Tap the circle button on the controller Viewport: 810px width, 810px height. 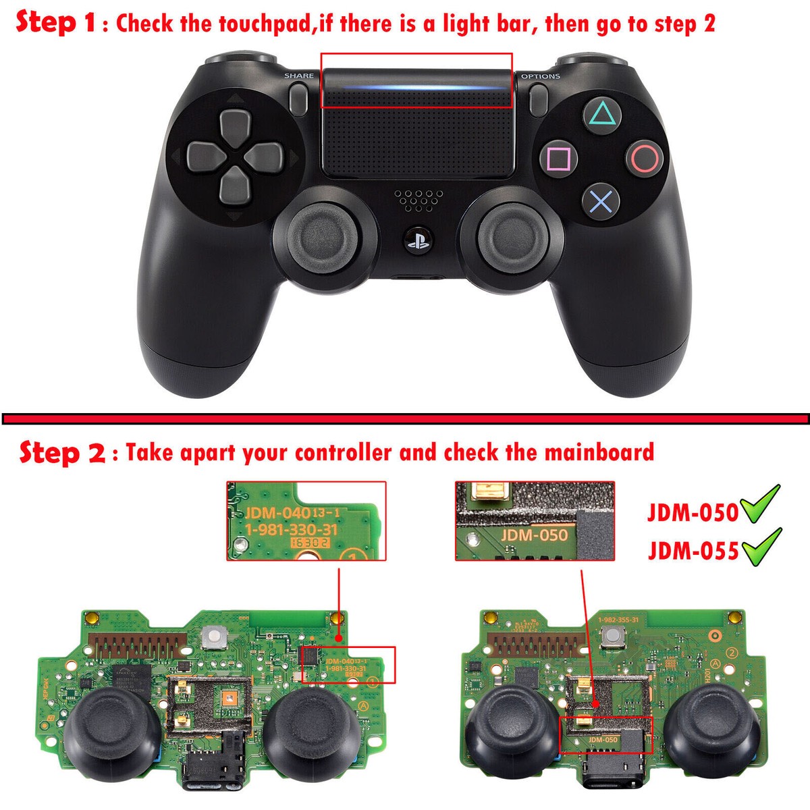point(644,159)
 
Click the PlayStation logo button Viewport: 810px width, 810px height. point(417,241)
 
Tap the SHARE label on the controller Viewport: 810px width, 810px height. point(299,76)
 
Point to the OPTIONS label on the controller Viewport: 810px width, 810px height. point(540,76)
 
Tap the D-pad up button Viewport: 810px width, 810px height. point(235,126)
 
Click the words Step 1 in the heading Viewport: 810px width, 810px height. point(56,22)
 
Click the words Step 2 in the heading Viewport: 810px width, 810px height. point(61,452)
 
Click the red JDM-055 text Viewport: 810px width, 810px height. point(693,551)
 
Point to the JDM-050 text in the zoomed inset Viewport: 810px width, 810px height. point(535,535)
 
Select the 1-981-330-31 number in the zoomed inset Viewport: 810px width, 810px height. point(292,530)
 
